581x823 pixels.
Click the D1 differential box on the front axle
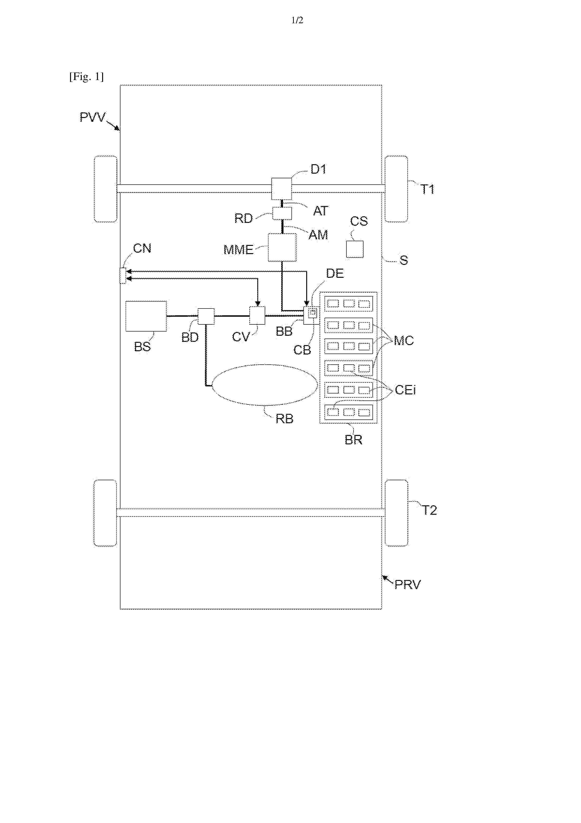(x=281, y=189)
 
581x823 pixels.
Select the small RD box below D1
(x=282, y=213)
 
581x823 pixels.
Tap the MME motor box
(x=282, y=247)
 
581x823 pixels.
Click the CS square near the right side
(x=355, y=249)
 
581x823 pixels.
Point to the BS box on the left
(x=146, y=316)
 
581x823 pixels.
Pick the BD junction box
(x=206, y=316)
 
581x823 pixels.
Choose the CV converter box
(x=257, y=316)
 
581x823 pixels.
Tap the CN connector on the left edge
(x=123, y=276)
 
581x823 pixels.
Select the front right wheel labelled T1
(x=396, y=189)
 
